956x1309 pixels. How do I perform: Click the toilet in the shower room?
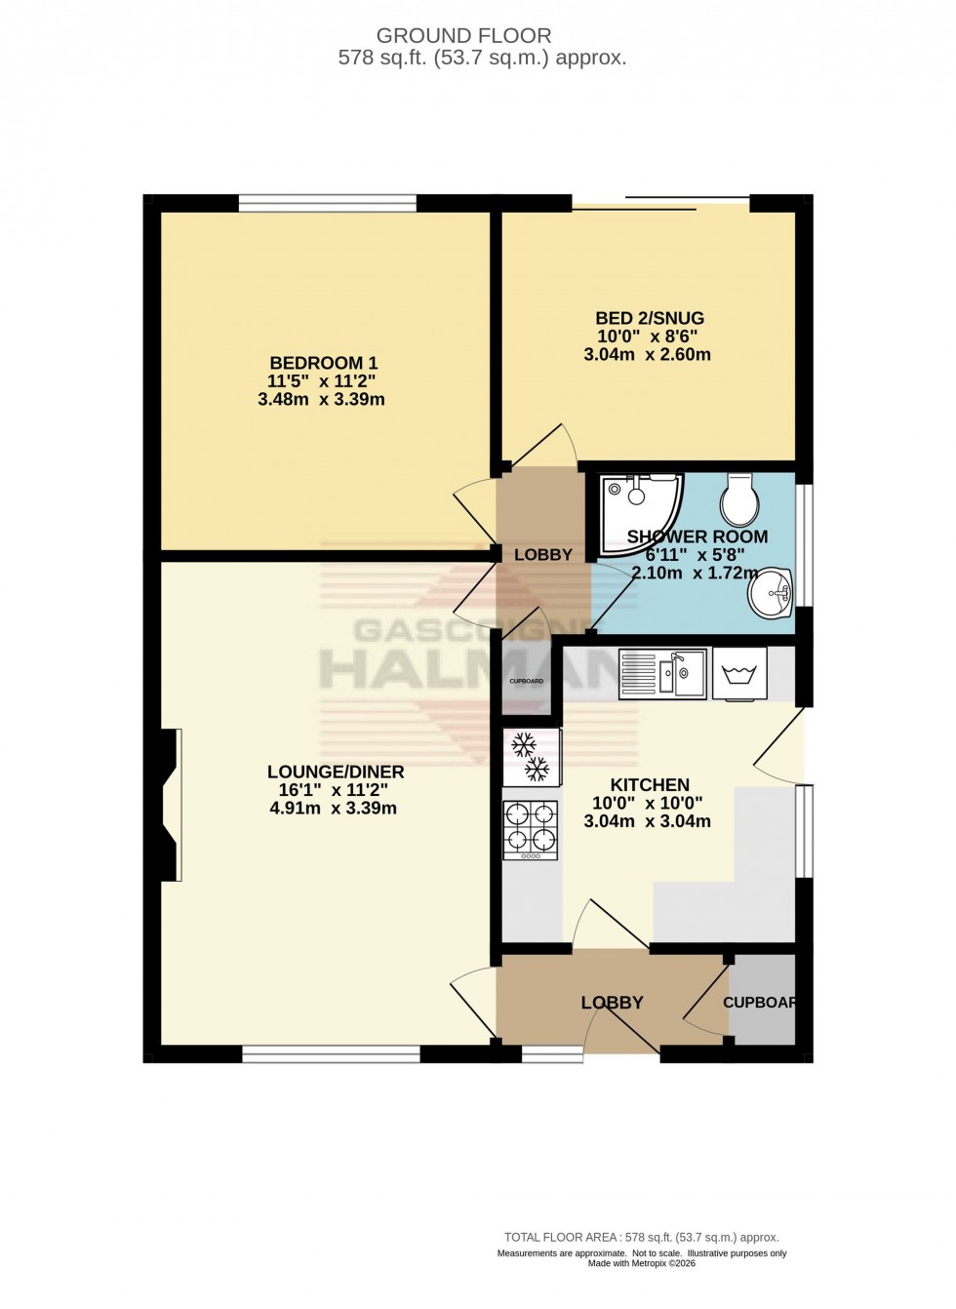pos(737,499)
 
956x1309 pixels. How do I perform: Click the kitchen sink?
pos(663,673)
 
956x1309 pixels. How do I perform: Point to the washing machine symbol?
pos(739,673)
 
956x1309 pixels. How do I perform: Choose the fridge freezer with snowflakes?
pos(532,758)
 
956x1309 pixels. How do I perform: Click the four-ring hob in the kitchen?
pos(531,830)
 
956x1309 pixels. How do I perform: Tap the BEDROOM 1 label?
pos(321,364)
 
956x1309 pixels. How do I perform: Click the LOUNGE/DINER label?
pos(335,772)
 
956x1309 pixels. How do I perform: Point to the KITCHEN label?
pos(650,785)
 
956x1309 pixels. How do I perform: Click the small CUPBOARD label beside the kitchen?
pos(527,681)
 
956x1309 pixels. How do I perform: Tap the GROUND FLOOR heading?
pos(463,36)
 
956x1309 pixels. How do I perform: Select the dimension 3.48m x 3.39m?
pos(321,399)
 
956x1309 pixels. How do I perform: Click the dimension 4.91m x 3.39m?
pos(335,808)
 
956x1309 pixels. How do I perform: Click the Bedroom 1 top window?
pos(328,203)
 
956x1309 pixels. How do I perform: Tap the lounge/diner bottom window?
pos(332,1053)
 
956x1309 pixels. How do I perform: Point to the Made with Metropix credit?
pos(641,1263)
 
